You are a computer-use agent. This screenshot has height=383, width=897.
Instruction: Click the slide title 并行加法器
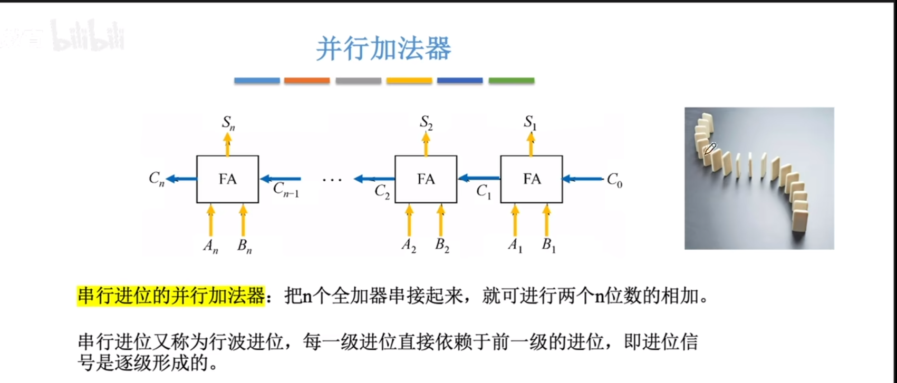click(x=383, y=49)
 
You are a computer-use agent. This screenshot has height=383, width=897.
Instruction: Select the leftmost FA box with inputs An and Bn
click(x=227, y=179)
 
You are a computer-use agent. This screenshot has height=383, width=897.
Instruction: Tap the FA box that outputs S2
click(x=426, y=179)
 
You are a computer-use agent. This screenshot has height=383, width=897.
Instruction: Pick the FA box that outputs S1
click(x=532, y=179)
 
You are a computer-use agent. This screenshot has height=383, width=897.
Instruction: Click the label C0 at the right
click(x=614, y=180)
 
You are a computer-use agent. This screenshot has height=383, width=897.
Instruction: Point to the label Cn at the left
click(x=156, y=179)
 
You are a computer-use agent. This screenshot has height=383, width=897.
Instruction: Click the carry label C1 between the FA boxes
click(x=483, y=191)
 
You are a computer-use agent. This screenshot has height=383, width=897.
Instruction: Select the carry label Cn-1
click(x=286, y=190)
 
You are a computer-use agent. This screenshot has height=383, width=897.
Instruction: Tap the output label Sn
click(x=228, y=123)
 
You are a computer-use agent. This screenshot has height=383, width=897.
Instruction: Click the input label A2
click(x=409, y=245)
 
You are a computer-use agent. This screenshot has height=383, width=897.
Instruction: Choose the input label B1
click(x=548, y=245)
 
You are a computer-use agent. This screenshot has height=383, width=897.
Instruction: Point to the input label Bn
click(x=244, y=246)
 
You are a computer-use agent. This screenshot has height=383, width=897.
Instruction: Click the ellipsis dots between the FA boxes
click(x=332, y=180)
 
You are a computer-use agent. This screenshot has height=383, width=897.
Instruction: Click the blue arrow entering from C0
click(x=582, y=179)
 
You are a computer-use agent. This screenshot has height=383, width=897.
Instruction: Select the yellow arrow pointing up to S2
click(x=426, y=144)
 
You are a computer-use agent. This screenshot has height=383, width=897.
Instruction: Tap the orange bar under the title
click(x=307, y=81)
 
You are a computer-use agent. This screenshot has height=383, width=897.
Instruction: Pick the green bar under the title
click(x=511, y=81)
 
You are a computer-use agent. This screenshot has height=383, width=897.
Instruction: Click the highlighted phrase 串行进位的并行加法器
click(x=171, y=296)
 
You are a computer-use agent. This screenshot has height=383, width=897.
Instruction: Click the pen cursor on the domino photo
click(x=710, y=149)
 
